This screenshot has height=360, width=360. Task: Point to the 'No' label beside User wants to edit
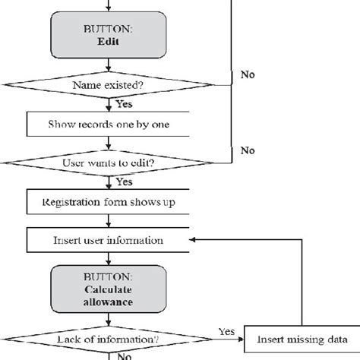247,150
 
